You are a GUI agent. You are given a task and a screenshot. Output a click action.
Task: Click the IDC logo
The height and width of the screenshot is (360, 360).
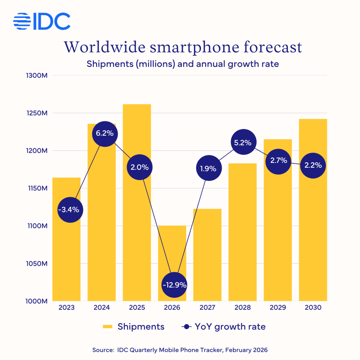click(42, 21)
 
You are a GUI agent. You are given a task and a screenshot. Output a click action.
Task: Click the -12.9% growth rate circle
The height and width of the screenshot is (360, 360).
click(174, 285)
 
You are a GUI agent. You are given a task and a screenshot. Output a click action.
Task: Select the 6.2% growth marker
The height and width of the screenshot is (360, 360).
click(104, 134)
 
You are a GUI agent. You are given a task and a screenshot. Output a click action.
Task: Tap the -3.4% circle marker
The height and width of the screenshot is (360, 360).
click(70, 210)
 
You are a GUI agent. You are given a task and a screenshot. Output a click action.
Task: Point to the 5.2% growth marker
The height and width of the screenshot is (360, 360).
click(243, 143)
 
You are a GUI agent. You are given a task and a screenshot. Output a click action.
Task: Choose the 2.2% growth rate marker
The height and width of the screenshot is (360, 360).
click(313, 165)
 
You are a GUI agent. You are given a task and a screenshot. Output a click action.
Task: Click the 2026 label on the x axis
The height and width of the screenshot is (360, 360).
click(172, 308)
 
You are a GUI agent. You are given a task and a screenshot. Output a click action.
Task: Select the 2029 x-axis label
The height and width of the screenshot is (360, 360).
click(278, 308)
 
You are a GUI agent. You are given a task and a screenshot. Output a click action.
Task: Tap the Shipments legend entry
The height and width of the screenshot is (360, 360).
click(134, 327)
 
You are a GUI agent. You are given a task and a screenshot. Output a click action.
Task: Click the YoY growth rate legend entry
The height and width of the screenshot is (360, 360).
click(224, 327)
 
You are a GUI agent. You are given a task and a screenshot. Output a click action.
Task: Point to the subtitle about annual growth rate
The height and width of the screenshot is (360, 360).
click(182, 64)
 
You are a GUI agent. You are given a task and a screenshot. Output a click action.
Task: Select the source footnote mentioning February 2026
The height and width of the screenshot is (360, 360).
click(180, 350)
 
